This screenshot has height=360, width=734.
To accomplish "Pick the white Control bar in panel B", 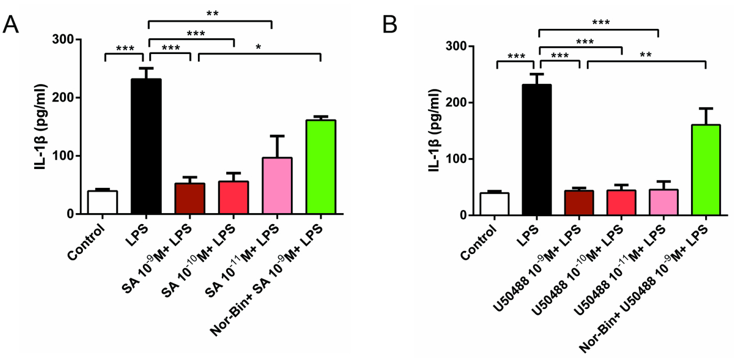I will tap(494, 204).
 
